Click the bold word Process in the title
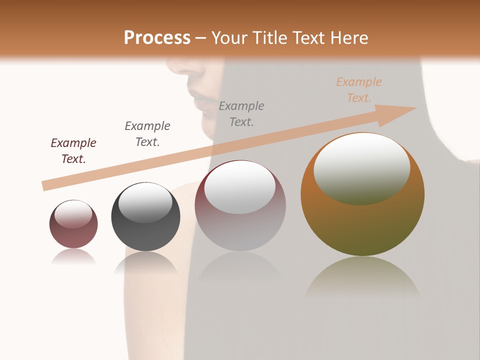pos(157,37)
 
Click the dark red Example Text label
pos(73,150)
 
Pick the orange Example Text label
pos(359,90)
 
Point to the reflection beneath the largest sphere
pos(362,277)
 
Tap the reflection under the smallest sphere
pos(73,257)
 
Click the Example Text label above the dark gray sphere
pos(147,133)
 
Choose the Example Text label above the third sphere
pos(241,113)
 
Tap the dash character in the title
pos(201,38)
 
